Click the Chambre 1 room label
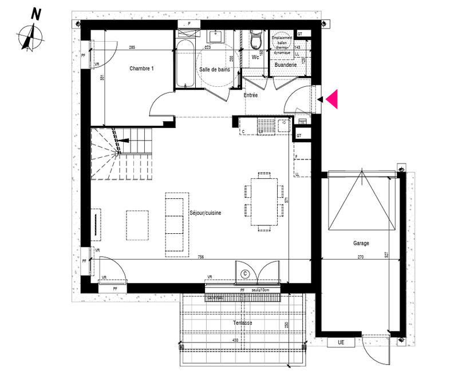click(141, 69)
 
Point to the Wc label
click(256, 57)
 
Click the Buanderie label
click(286, 65)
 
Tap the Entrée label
click(251, 95)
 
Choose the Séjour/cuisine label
click(206, 213)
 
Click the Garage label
click(361, 243)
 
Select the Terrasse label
click(242, 323)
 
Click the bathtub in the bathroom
click(185, 63)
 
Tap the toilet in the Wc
click(256, 41)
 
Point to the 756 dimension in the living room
click(200, 257)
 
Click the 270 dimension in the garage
click(360, 257)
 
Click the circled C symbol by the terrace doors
click(246, 274)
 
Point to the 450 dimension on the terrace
click(234, 341)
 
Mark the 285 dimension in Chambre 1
click(132, 47)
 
